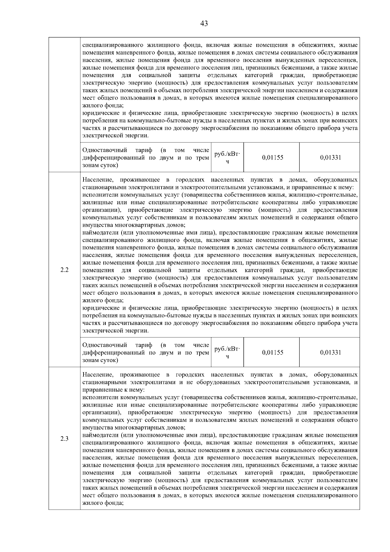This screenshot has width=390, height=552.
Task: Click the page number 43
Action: pyautogui.click(x=204, y=23)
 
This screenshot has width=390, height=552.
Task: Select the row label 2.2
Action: pyautogui.click(x=64, y=270)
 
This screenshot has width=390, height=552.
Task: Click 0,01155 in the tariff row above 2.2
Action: pyautogui.click(x=272, y=158)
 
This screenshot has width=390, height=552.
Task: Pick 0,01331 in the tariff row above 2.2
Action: pyautogui.click(x=330, y=158)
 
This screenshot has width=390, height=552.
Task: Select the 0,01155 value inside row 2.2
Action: pyautogui.click(x=272, y=352)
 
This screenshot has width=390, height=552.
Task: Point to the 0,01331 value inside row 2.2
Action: pyautogui.click(x=330, y=352)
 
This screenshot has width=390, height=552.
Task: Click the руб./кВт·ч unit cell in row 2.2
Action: pyautogui.click(x=227, y=352)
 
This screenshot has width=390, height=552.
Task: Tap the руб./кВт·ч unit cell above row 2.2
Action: pyautogui.click(x=227, y=158)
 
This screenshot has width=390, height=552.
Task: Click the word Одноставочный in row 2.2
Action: pyautogui.click(x=105, y=345)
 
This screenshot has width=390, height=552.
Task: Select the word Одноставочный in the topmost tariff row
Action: pyautogui.click(x=105, y=150)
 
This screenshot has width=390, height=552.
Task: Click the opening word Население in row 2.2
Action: pyautogui.click(x=98, y=180)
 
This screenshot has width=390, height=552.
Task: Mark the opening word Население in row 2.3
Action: pyautogui.click(x=98, y=375)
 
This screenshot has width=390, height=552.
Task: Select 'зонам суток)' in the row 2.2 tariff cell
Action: pyautogui.click(x=100, y=360)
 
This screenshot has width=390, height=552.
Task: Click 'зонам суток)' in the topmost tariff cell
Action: pyautogui.click(x=100, y=165)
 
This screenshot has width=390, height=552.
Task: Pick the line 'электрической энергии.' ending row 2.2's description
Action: pyautogui.click(x=116, y=331)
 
